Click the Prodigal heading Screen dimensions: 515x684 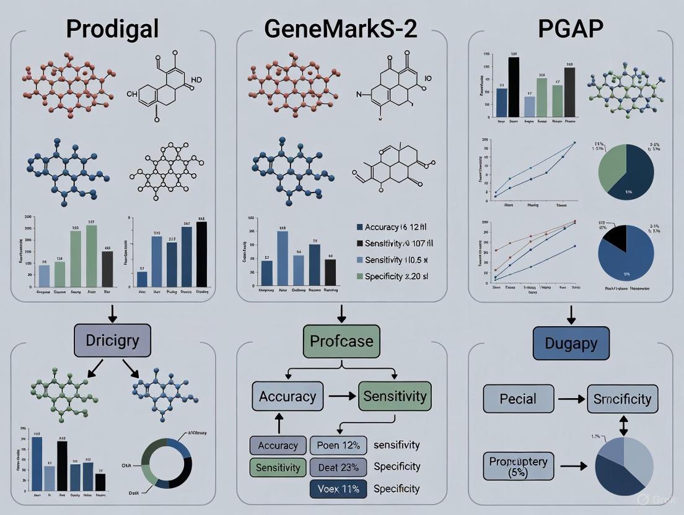(x=113, y=28)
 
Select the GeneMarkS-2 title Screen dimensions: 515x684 (x=341, y=28)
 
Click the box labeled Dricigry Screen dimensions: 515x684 (x=112, y=340)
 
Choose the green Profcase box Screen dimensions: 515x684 (x=341, y=341)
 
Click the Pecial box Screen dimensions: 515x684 (x=518, y=398)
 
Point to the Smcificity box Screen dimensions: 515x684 (x=622, y=398)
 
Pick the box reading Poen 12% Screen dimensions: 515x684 (x=338, y=445)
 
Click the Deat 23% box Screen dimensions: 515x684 (x=338, y=466)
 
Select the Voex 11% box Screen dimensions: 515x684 (x=338, y=488)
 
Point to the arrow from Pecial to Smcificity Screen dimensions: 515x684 (x=571, y=399)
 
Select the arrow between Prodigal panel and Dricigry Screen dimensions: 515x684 (x=112, y=313)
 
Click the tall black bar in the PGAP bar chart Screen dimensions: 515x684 (x=514, y=87)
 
